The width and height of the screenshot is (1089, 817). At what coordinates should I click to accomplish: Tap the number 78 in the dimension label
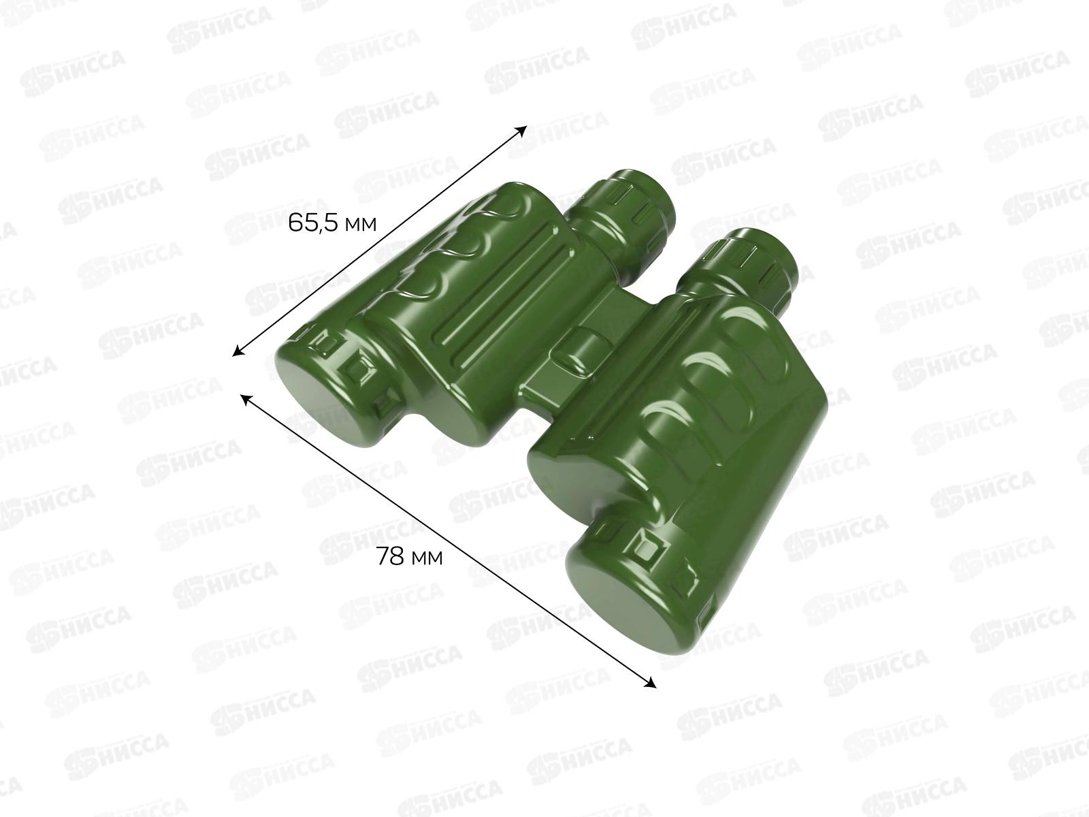pyautogui.click(x=390, y=556)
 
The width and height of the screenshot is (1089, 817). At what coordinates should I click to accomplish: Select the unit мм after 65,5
pyautogui.click(x=361, y=225)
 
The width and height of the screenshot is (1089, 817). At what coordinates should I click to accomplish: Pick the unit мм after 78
pyautogui.click(x=427, y=558)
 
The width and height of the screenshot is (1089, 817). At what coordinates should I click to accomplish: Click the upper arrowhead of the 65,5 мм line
pyautogui.click(x=522, y=130)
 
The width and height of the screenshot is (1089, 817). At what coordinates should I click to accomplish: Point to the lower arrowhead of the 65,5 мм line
pyautogui.click(x=238, y=352)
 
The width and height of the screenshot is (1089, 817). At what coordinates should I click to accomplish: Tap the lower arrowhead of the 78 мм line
pyautogui.click(x=651, y=684)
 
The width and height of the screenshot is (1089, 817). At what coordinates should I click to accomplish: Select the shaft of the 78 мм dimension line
pyautogui.click(x=448, y=541)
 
